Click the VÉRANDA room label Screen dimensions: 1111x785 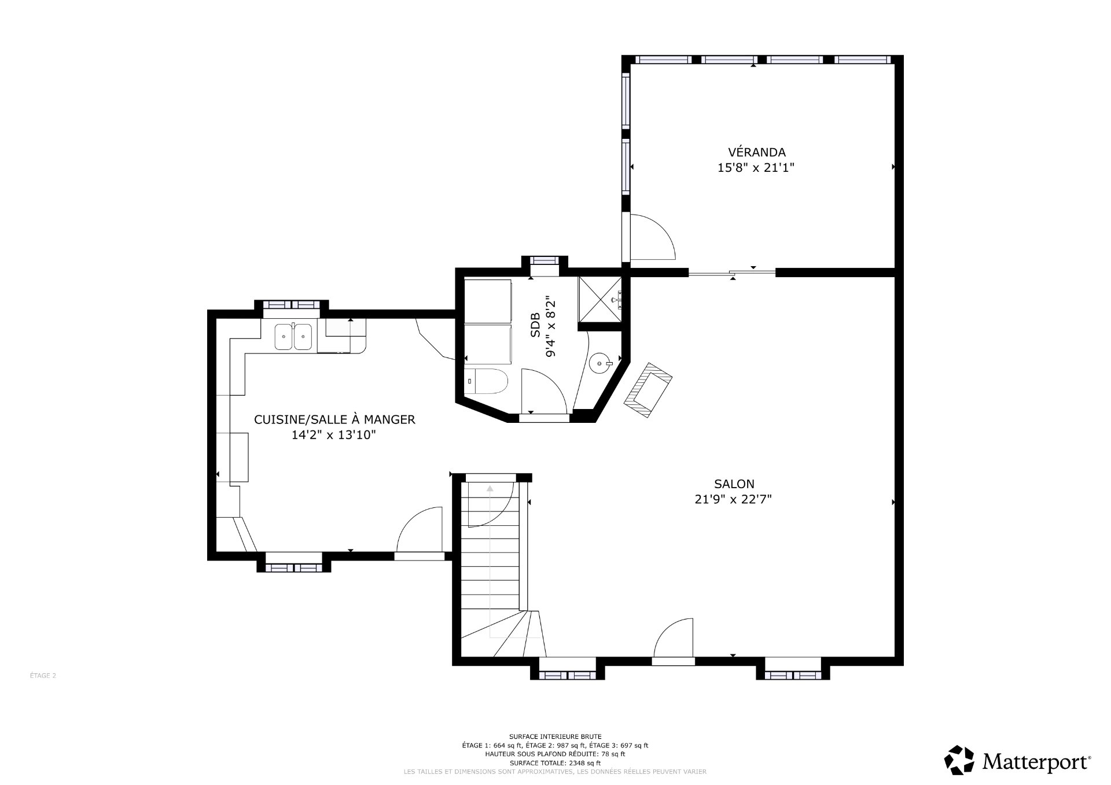pyautogui.click(x=756, y=152)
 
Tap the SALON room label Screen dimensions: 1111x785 pyautogui.click(x=734, y=484)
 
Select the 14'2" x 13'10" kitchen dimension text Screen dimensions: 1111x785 pyautogui.click(x=334, y=435)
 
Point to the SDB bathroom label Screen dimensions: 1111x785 pyautogui.click(x=535, y=325)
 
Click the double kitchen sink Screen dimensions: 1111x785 pyautogui.click(x=293, y=337)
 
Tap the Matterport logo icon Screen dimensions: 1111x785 pyautogui.click(x=959, y=760)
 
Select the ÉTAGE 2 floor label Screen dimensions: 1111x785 pyautogui.click(x=43, y=675)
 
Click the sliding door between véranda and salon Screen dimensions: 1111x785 pyautogui.click(x=732, y=272)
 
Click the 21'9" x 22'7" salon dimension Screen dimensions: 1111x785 pyautogui.click(x=734, y=499)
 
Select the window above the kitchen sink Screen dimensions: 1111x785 pyautogui.click(x=292, y=305)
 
